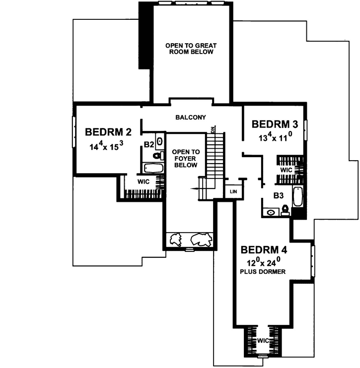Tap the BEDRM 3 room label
(x=275, y=123)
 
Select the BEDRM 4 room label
(x=264, y=249)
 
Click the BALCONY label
(x=191, y=118)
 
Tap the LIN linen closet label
(x=232, y=191)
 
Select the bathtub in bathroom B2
(x=153, y=167)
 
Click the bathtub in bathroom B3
(x=297, y=196)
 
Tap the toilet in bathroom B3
(x=285, y=210)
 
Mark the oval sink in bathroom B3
(x=271, y=212)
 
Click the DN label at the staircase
(x=213, y=130)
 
